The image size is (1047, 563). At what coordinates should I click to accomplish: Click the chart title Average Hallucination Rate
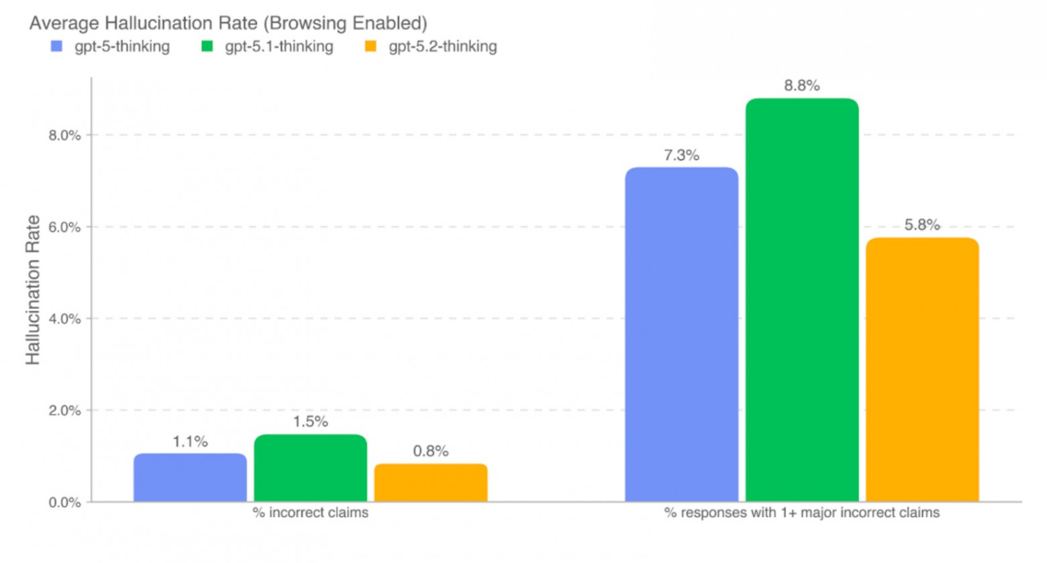(228, 23)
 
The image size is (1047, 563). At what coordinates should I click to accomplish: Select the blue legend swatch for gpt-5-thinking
(57, 47)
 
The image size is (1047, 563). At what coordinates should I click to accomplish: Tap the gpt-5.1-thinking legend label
(279, 47)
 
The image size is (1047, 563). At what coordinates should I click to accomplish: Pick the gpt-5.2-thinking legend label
(442, 47)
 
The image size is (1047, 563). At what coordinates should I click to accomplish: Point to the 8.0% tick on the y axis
(64, 136)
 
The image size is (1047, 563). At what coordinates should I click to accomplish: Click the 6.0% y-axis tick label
(64, 227)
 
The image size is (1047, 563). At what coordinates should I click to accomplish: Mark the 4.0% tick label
(64, 319)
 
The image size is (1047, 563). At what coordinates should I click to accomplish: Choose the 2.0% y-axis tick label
(64, 411)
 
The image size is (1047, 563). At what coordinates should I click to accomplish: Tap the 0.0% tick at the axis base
(64, 503)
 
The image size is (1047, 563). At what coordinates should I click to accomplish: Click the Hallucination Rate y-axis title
(33, 290)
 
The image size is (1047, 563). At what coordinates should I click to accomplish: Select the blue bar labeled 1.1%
(190, 478)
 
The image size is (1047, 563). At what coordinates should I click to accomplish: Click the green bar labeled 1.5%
(310, 468)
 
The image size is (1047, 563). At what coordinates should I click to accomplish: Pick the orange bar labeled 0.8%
(430, 483)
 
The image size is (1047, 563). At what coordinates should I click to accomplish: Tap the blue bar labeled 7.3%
(681, 334)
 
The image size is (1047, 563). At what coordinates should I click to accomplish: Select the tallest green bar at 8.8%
(801, 300)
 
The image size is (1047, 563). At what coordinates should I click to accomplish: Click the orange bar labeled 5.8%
(922, 369)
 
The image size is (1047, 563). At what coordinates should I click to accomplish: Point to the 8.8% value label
(801, 86)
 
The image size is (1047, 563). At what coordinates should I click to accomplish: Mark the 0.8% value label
(430, 451)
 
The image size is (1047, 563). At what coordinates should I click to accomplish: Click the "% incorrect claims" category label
(310, 513)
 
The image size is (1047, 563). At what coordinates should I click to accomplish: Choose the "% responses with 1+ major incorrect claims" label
(801, 513)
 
